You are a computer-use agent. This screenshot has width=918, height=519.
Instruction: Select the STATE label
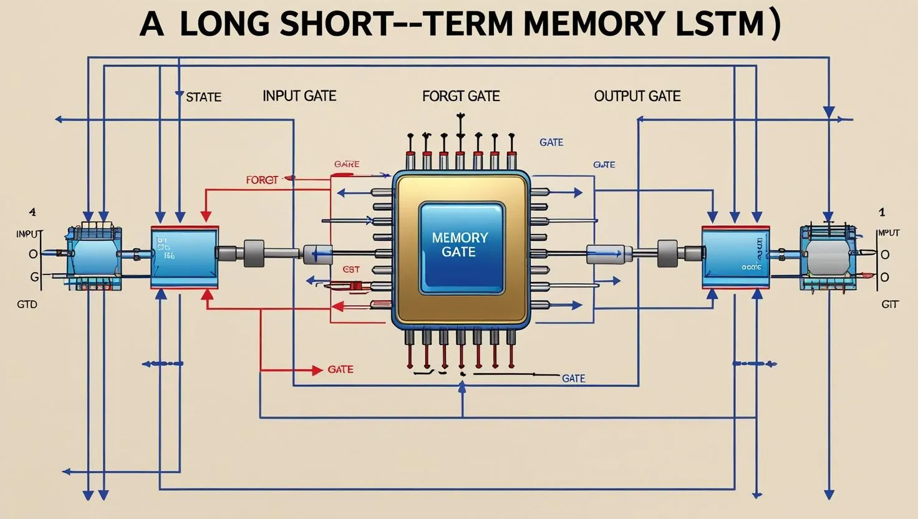point(204,97)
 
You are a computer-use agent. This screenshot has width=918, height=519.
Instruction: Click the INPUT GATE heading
point(299,96)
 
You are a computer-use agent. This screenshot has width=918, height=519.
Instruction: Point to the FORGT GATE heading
point(461,96)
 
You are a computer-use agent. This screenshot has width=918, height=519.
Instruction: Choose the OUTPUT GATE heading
point(637,96)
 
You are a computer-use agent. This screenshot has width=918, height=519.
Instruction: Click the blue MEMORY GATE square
point(460,246)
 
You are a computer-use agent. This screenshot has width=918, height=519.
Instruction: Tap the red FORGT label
point(262,180)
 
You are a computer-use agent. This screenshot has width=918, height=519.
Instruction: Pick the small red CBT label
point(351,269)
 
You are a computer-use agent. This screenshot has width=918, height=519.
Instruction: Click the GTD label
point(27,305)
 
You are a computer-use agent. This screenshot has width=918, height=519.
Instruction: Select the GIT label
point(889,305)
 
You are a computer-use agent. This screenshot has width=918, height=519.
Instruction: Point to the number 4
point(32,212)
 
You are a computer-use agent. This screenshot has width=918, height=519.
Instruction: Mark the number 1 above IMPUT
point(882,212)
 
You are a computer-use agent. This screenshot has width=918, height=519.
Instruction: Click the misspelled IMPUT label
point(888,233)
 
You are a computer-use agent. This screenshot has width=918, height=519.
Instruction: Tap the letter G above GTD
point(34,277)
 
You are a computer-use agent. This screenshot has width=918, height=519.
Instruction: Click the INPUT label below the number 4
point(29,234)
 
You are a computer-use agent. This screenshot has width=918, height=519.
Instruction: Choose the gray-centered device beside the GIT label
point(827,257)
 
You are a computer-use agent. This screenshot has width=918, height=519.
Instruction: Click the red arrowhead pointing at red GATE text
point(317,370)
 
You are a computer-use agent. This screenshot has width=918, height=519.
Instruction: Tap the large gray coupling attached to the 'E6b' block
point(254,253)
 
